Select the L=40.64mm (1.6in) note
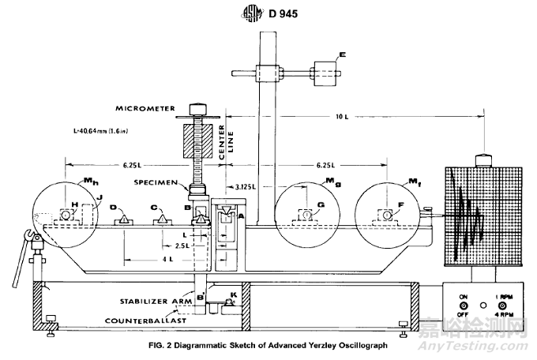(99, 130)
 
